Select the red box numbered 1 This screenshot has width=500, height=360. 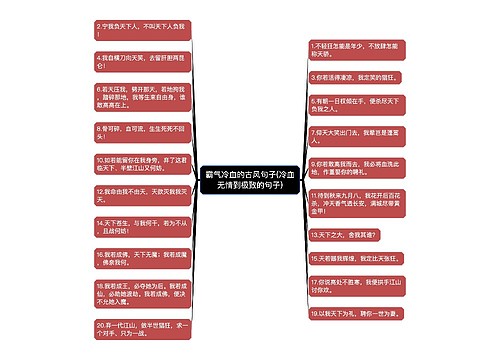355,50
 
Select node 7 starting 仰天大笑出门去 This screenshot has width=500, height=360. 355,129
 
